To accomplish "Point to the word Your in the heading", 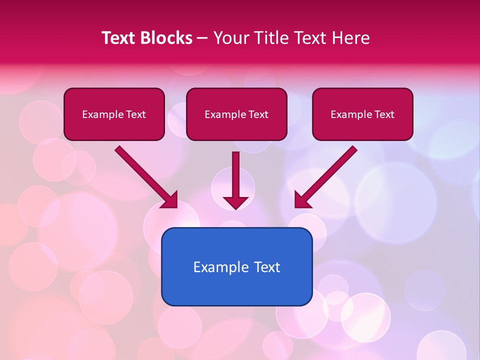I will tap(230, 38).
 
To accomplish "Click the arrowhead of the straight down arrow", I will tap(235, 202).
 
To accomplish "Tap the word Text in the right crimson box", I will tap(384, 114).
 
